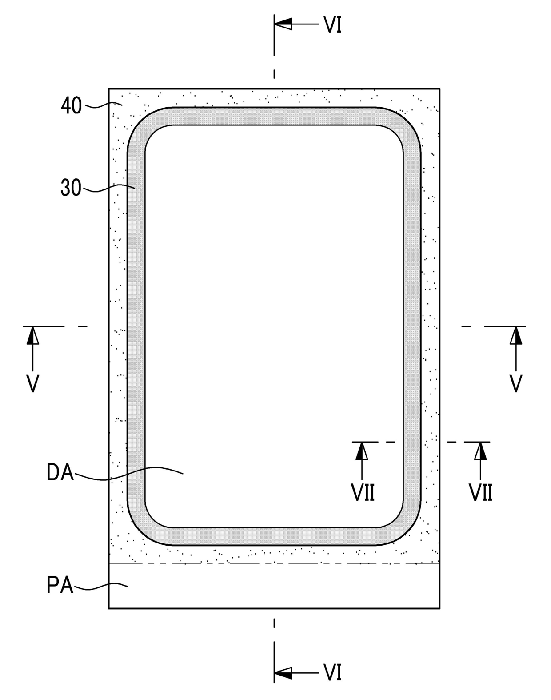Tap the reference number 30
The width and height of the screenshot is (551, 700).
click(x=71, y=188)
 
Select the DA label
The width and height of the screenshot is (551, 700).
click(x=60, y=472)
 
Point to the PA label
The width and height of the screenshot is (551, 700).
click(x=60, y=585)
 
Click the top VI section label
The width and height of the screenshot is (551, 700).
click(x=332, y=25)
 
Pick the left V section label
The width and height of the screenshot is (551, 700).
click(x=32, y=384)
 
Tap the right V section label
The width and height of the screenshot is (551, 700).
click(x=516, y=384)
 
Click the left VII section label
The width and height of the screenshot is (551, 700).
click(x=363, y=492)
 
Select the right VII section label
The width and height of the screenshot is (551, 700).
click(x=480, y=492)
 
